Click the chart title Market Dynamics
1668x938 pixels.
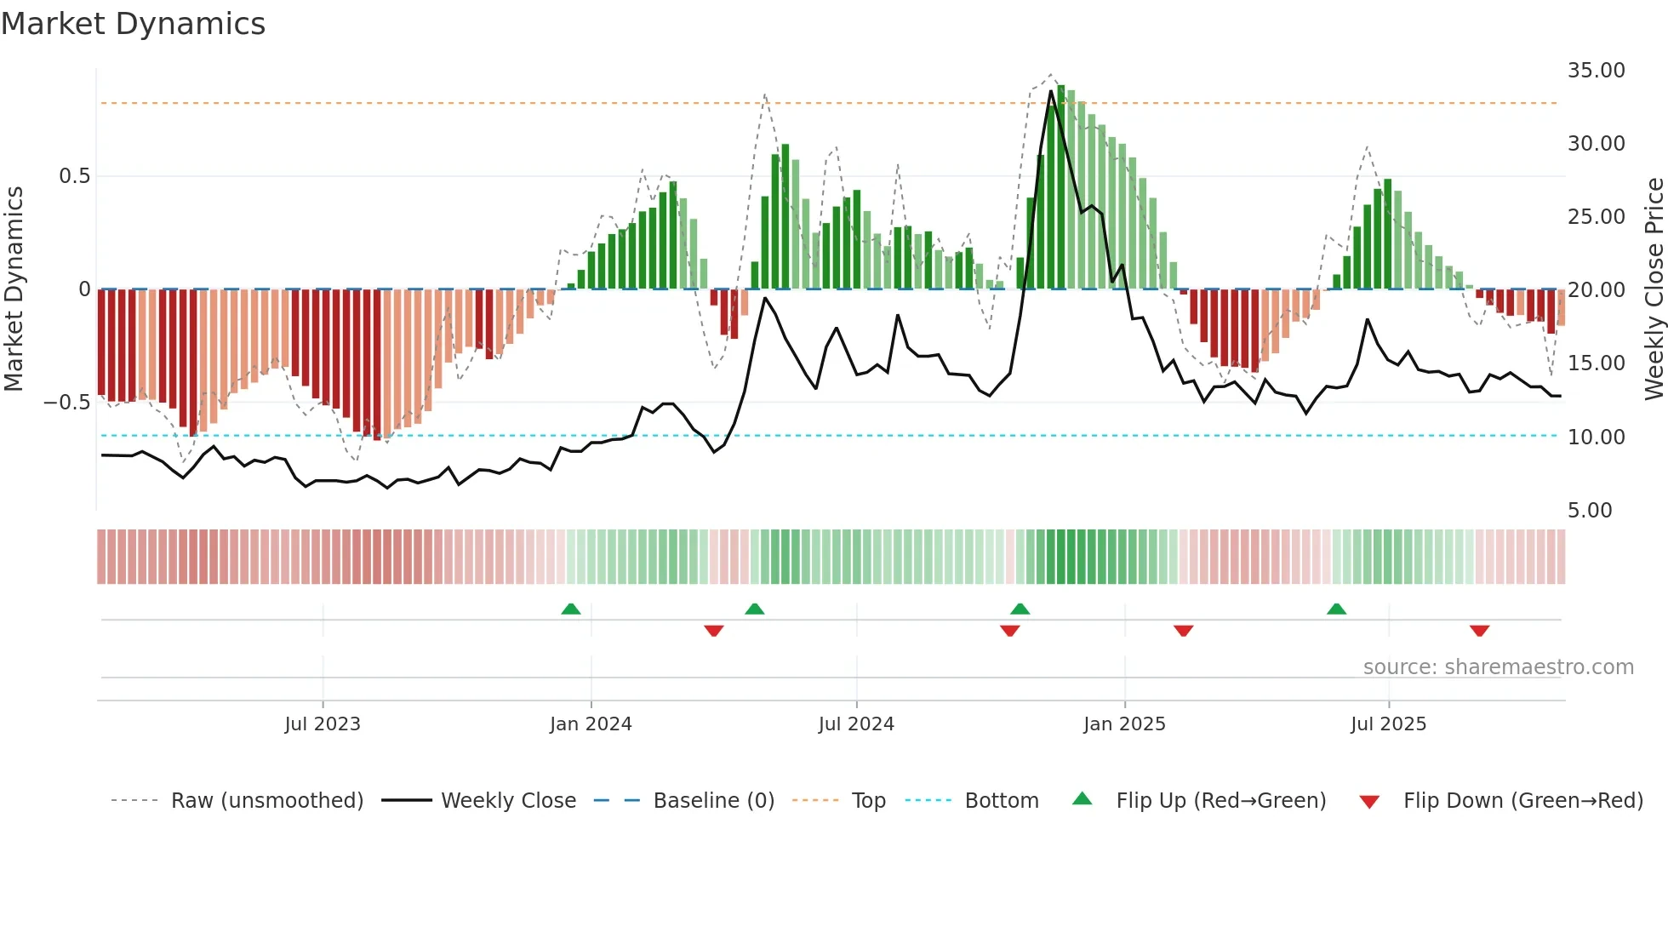click(133, 24)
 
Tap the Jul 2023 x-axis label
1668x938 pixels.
click(323, 724)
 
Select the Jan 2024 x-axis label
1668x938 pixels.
click(591, 724)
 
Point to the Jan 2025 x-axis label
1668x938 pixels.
click(1124, 724)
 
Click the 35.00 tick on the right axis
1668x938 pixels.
click(1596, 71)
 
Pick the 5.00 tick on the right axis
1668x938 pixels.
click(1590, 511)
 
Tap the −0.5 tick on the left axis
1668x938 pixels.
click(67, 402)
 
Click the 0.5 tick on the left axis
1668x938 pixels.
click(74, 176)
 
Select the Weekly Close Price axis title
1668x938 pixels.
click(1654, 289)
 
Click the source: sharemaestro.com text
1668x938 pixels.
click(1498, 667)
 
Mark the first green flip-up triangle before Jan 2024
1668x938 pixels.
click(571, 609)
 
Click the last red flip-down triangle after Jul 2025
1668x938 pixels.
click(1479, 631)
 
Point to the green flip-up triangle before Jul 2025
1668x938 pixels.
click(1336, 609)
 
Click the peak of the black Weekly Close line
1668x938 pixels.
click(1051, 91)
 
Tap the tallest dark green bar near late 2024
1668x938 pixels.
click(1061, 187)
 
